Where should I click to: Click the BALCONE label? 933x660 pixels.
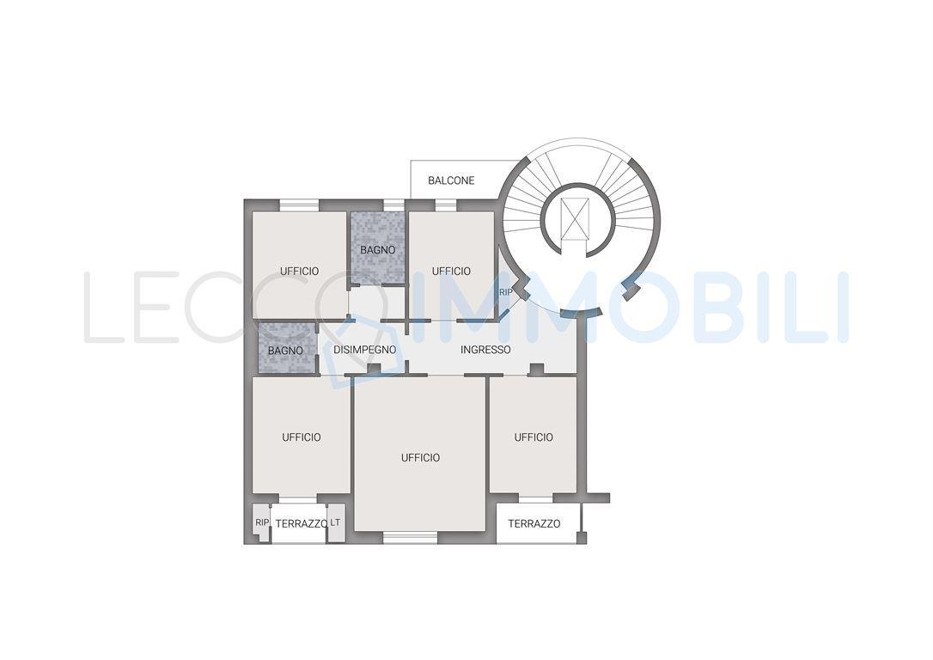451,180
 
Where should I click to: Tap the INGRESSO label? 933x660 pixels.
485,350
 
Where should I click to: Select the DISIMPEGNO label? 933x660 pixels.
365,350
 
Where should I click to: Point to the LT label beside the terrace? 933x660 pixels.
336,522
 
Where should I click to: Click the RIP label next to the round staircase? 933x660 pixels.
506,292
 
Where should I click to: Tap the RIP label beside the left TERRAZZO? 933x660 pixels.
262,522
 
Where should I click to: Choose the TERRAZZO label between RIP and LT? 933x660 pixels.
302,523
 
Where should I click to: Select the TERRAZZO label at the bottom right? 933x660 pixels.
534,523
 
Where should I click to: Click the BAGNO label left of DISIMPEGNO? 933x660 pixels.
285,351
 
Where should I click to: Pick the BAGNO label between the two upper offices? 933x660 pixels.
377,250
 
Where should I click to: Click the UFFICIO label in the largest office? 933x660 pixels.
421,458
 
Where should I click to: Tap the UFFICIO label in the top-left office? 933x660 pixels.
299,271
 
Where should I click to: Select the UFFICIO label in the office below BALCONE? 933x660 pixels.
451,271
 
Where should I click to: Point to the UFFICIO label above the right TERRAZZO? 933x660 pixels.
534,437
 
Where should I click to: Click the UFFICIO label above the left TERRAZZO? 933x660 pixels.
302,437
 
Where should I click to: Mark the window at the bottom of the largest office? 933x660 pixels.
410,538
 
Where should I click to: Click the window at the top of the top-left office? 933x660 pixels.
299,205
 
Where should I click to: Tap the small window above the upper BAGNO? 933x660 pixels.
392,205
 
